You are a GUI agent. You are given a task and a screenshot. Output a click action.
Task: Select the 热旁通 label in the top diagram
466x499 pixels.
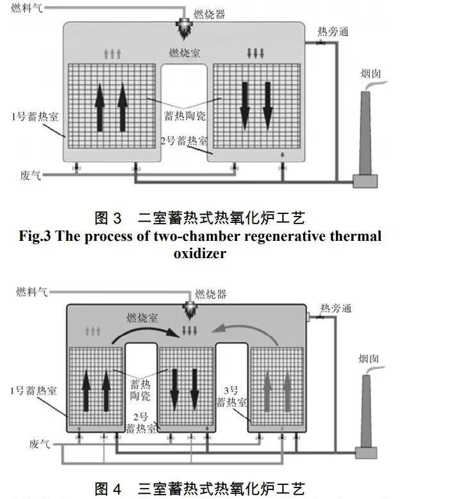tap(333, 31)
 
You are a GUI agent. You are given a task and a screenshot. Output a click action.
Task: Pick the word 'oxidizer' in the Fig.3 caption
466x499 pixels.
tap(199, 254)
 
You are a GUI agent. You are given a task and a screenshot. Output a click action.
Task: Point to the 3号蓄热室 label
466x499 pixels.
tap(231, 397)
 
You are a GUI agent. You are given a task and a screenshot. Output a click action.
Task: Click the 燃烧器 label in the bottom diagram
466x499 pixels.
tap(211, 294)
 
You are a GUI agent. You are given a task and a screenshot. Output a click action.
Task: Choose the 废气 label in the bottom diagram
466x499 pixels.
tap(38, 443)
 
